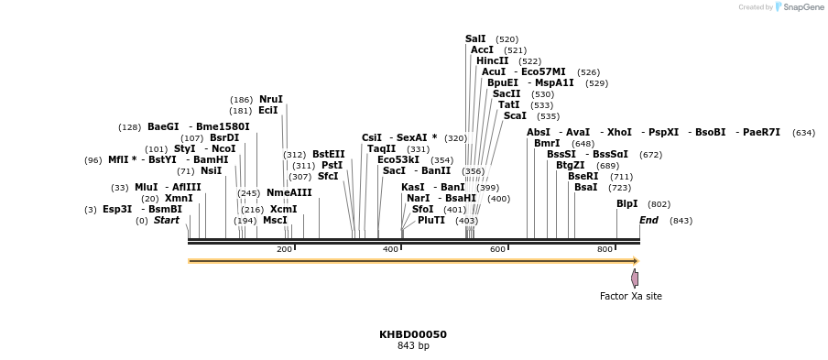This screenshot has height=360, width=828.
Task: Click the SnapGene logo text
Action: [x=804, y=7]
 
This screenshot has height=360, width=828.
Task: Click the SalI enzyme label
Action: [x=475, y=39]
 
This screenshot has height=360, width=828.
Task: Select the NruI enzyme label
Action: [x=270, y=100]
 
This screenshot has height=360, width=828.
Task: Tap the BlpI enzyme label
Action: [x=626, y=204]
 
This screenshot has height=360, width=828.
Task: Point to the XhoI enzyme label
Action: [x=619, y=133]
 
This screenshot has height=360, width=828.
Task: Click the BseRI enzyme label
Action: [x=583, y=177]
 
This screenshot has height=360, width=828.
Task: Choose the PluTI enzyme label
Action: [x=430, y=221]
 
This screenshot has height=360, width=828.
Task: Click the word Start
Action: [x=166, y=221]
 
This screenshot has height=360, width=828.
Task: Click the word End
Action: [x=648, y=221]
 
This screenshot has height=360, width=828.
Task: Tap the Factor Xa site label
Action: [x=630, y=297]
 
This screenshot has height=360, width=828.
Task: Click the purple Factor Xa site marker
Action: [x=634, y=278]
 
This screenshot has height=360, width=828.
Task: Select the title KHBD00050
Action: [x=412, y=335]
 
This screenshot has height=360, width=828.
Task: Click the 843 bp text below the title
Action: [x=412, y=346]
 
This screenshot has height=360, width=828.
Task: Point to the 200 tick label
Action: [x=284, y=250]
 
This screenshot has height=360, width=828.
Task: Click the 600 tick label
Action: [x=497, y=250]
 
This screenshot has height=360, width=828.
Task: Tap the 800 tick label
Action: [x=605, y=250]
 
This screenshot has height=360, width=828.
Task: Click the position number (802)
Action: [x=659, y=205]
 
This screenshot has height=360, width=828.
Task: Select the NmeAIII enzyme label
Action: [x=289, y=193]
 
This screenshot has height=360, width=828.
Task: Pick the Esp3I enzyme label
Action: [x=117, y=210]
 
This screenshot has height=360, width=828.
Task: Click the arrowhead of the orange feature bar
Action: [x=636, y=261]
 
